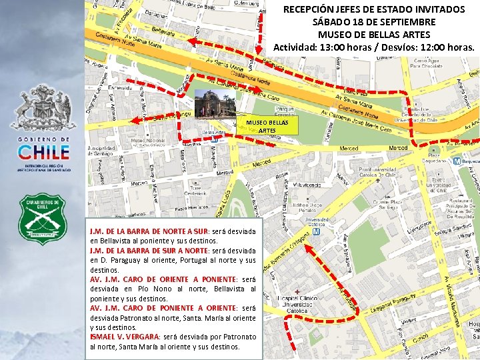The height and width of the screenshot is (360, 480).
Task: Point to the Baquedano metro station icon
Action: click(456, 161)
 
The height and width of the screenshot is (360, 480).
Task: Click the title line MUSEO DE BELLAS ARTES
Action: click(374, 34)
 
